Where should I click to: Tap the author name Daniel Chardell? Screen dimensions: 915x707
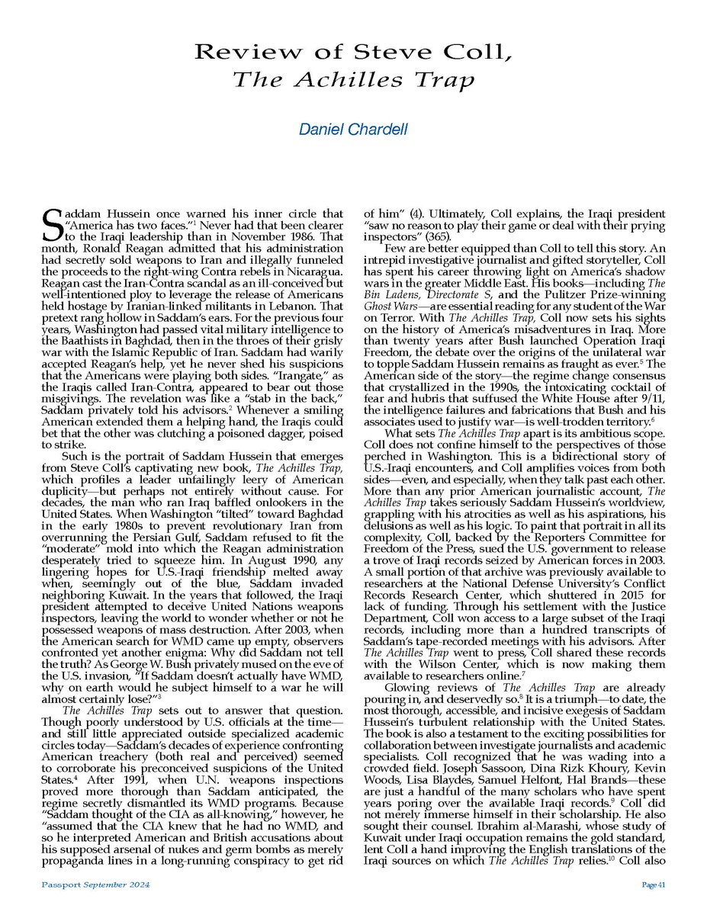coord(353,129)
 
